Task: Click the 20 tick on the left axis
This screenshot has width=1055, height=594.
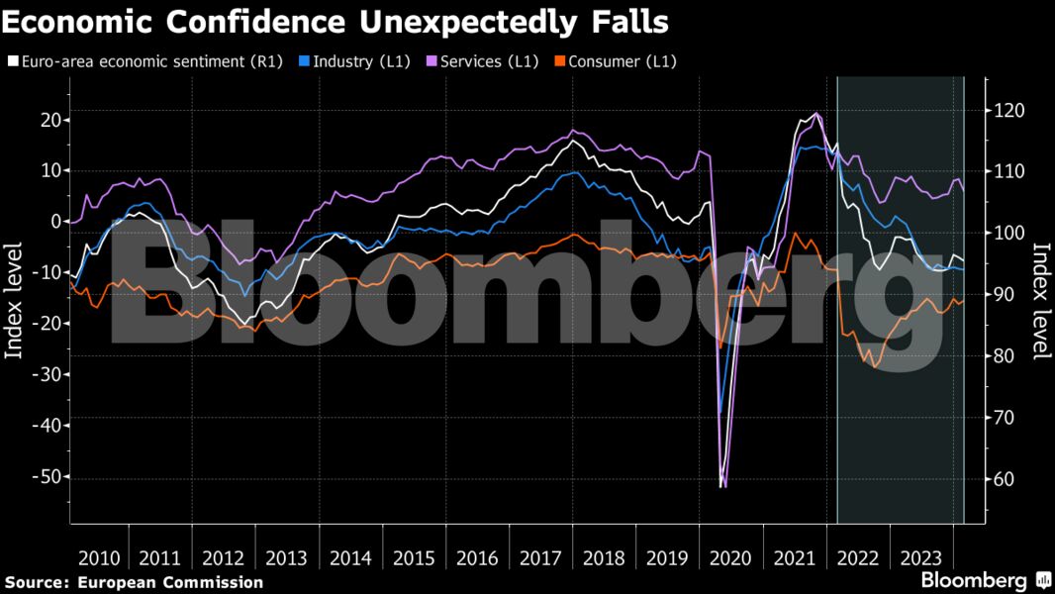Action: coord(48,120)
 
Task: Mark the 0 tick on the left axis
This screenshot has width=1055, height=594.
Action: coord(54,222)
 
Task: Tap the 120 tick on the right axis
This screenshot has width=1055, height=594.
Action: coord(1009,110)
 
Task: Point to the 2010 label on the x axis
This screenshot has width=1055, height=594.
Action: coord(99,557)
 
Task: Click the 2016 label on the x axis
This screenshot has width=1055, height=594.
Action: coord(477,557)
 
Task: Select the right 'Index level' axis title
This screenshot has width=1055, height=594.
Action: coord(1041,301)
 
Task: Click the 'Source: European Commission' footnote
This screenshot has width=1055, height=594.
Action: coord(134,582)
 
